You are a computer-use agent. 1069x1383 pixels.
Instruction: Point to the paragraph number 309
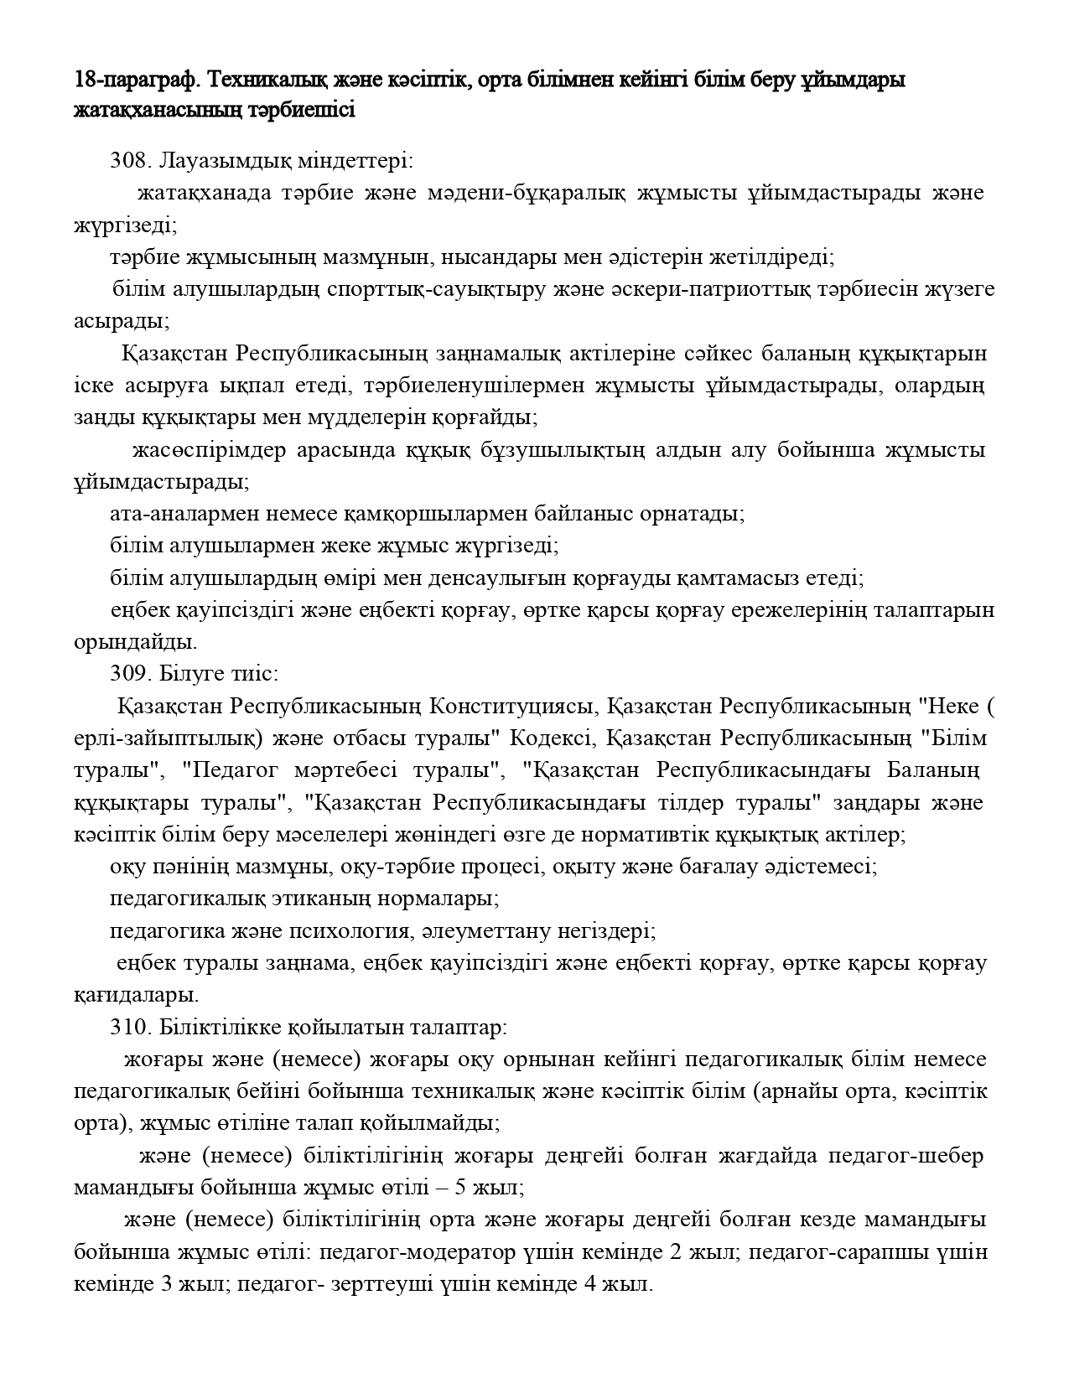click(127, 674)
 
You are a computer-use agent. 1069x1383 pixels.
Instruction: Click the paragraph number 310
click(127, 1028)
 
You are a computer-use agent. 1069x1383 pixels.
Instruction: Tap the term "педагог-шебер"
click(906, 1157)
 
